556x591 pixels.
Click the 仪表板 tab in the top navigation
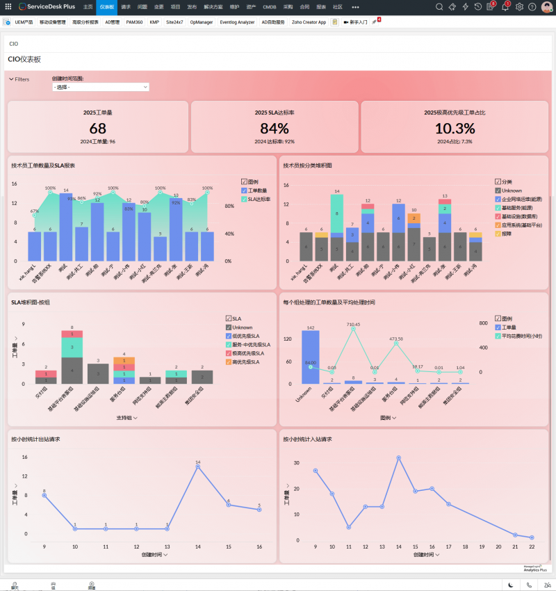107,6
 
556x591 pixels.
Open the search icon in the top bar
440,7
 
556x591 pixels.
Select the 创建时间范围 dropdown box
101,87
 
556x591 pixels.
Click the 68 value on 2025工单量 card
98,129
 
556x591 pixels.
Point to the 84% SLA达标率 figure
275,129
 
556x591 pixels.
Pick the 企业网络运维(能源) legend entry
521,199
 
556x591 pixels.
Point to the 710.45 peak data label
353,324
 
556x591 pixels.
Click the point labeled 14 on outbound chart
198,467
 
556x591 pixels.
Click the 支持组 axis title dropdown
126,418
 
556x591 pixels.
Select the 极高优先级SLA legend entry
247,353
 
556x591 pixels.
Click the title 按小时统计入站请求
307,439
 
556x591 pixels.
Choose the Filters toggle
19,79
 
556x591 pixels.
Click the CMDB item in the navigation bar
270,6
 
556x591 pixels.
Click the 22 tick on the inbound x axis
531,547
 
